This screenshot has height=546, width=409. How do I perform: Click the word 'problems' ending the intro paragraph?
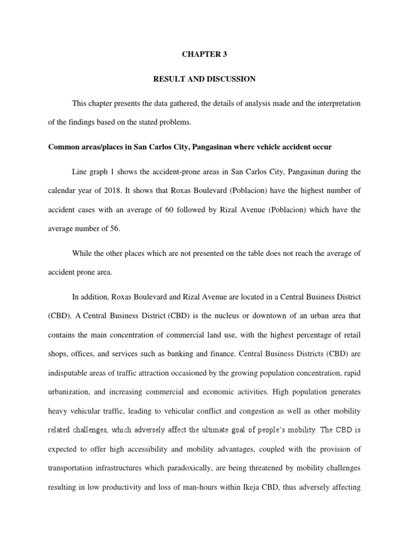click(175, 122)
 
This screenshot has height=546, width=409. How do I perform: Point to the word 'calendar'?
click(61, 191)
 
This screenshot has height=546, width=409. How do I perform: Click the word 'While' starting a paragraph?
click(81, 253)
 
